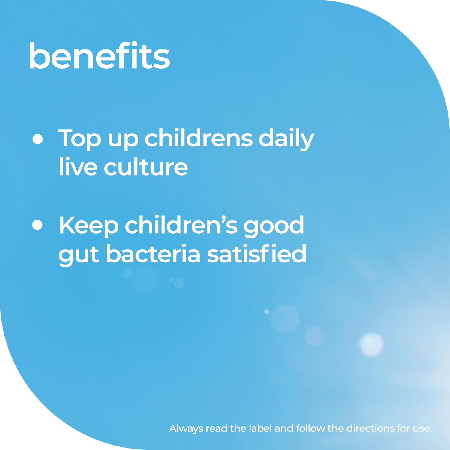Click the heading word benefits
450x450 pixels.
pos(99,56)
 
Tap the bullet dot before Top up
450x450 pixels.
pos(37,139)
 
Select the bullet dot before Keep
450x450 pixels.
pos(37,225)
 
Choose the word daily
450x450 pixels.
pos(286,139)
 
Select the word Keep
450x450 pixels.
pos(89,226)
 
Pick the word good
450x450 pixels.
pos(274,226)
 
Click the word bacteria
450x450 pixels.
pos(153,254)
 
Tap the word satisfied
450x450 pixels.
pos(257,254)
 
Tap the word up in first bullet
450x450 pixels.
pos(123,140)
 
